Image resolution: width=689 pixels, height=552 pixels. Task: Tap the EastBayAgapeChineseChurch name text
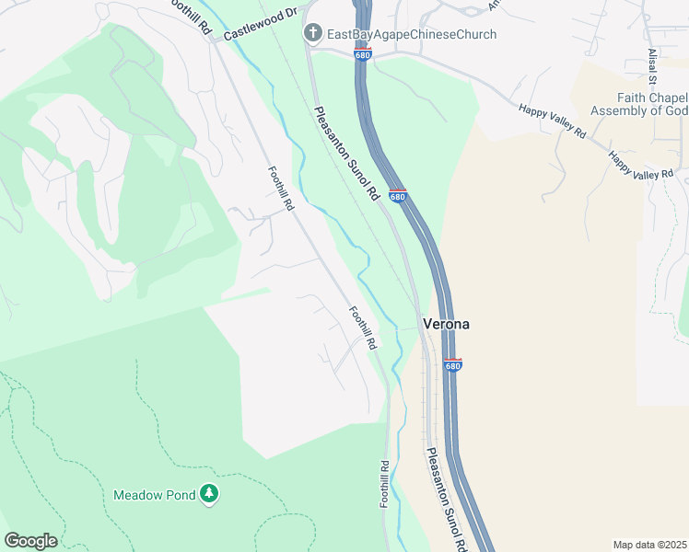tap(411, 34)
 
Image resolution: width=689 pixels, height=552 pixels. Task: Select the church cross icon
tap(313, 34)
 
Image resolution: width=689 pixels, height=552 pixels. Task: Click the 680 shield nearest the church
tap(363, 55)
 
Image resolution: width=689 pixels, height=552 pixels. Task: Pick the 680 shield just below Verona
tap(452, 365)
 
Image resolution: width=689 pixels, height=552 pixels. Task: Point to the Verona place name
tap(447, 324)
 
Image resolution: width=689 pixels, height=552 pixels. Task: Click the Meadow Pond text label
tap(154, 495)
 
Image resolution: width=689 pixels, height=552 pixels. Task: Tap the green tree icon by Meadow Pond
tap(210, 495)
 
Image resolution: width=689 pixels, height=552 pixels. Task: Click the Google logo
tap(30, 541)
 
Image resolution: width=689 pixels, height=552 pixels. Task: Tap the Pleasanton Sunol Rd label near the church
tap(346, 154)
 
